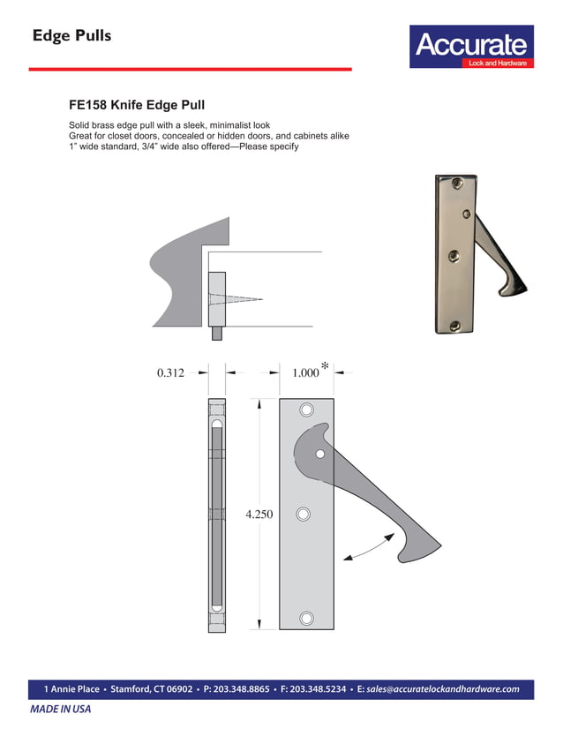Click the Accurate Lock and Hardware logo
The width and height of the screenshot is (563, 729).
point(471,47)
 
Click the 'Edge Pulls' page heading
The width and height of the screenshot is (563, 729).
point(71,36)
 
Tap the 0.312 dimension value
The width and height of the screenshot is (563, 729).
point(170,373)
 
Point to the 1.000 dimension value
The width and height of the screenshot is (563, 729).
point(304,373)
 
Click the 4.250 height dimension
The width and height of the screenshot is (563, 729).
point(259,514)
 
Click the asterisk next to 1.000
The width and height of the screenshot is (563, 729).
point(326,365)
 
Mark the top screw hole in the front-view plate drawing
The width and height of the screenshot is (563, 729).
point(306,410)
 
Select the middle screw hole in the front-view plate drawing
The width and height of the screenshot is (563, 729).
point(303,515)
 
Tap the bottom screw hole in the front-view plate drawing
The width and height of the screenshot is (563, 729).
point(306,618)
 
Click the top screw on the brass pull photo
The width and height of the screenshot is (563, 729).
point(455,184)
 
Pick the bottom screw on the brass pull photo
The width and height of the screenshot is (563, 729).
point(454,326)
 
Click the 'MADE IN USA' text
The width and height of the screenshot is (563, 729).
point(61,709)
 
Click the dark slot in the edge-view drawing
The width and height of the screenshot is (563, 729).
point(217,515)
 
